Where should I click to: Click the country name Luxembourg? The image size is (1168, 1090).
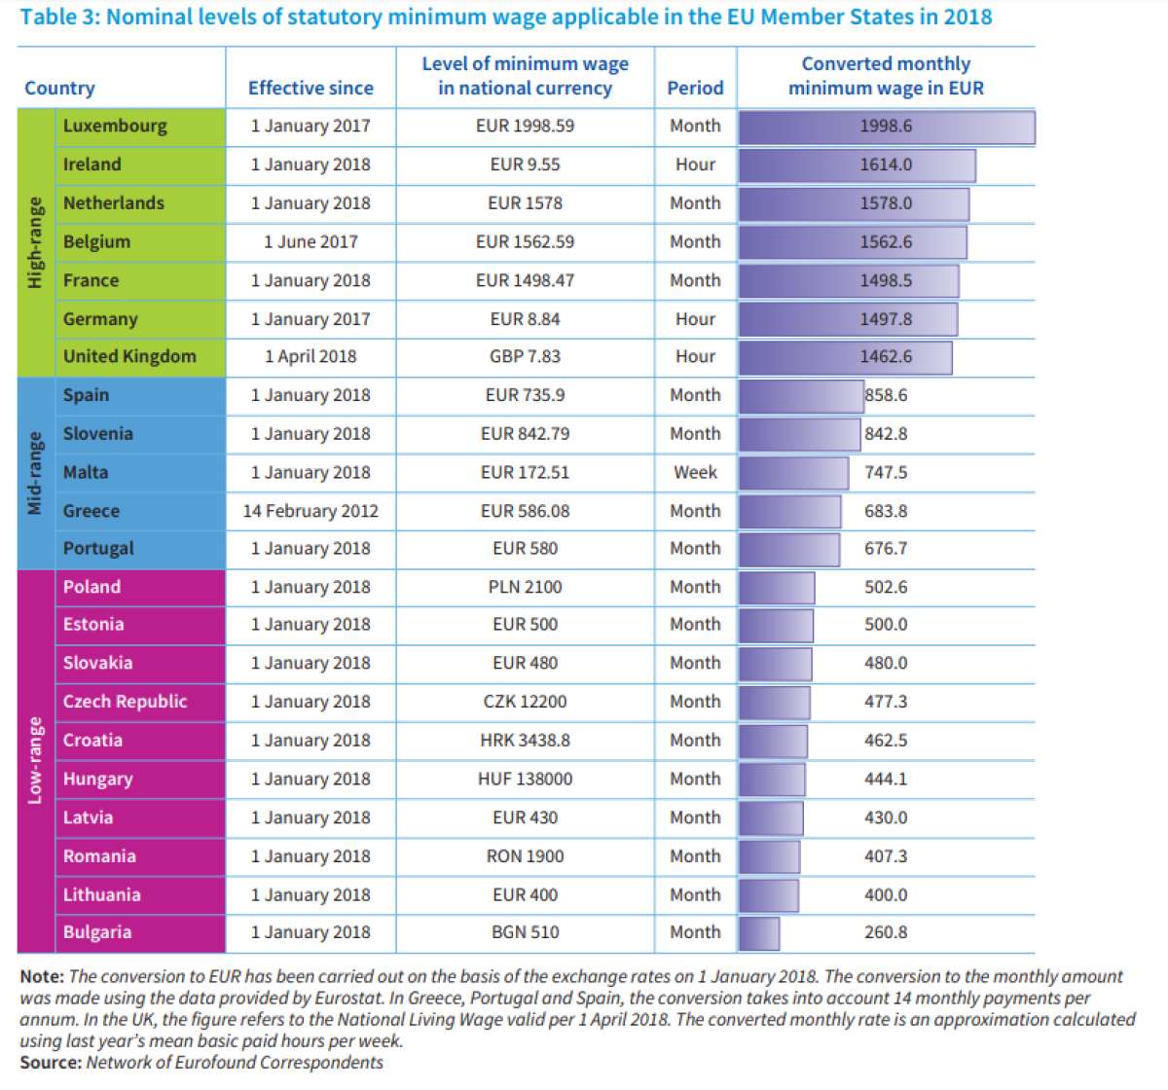tap(115, 127)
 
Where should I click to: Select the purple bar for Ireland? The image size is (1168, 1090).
tap(857, 165)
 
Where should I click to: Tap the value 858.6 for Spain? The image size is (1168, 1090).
tap(886, 395)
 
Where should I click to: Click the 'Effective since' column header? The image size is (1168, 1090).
tap(310, 89)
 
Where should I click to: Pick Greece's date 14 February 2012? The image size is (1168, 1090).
tap(310, 511)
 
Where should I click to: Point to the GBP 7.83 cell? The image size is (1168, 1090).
tap(525, 356)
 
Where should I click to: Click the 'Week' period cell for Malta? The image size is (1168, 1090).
tap(695, 472)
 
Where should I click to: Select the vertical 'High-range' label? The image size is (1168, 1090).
tap(35, 242)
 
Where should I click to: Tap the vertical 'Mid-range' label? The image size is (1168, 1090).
tap(35, 473)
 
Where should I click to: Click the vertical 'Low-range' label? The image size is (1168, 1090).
tap(35, 760)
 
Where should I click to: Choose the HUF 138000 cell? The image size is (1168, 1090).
tap(525, 779)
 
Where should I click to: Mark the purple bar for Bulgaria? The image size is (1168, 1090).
tap(759, 933)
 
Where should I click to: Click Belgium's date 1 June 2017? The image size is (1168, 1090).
tap(310, 241)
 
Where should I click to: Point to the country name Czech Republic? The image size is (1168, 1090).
tap(125, 702)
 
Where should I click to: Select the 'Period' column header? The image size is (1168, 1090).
tap(695, 89)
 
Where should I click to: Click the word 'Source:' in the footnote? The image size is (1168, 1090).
tap(51, 1063)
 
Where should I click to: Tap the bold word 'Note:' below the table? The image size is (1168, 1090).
tap(42, 976)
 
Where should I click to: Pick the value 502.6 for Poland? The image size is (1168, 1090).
tap(886, 587)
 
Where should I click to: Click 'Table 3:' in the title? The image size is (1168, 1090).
tap(60, 18)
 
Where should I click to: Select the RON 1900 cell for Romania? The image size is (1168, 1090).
tap(525, 856)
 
